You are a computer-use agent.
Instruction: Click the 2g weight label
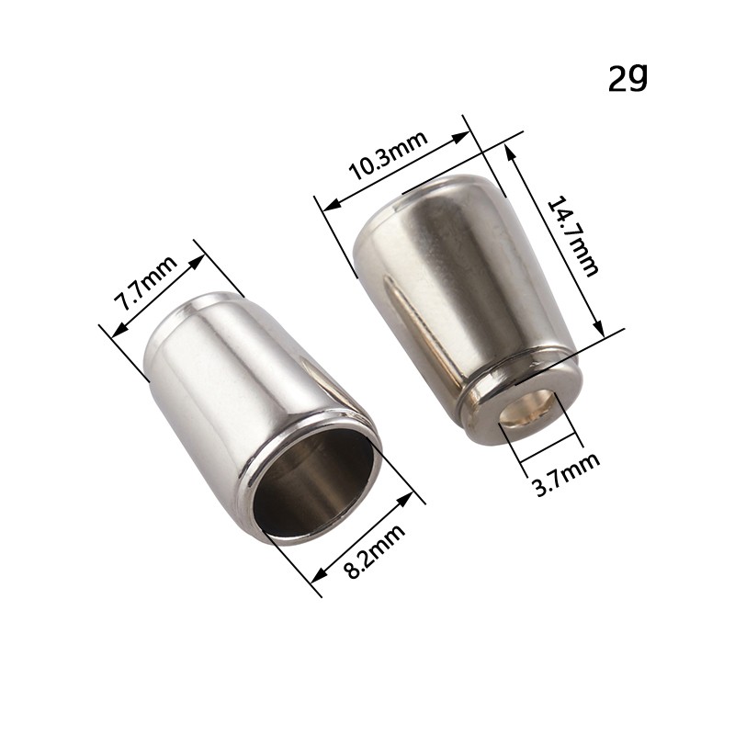[628, 78]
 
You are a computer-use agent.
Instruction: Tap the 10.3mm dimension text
[388, 155]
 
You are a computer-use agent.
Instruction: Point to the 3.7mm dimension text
[566, 474]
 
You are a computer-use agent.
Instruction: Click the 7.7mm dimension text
[146, 283]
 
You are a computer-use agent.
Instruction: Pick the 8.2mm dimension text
[374, 551]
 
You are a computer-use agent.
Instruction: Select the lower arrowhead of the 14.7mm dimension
[599, 325]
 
